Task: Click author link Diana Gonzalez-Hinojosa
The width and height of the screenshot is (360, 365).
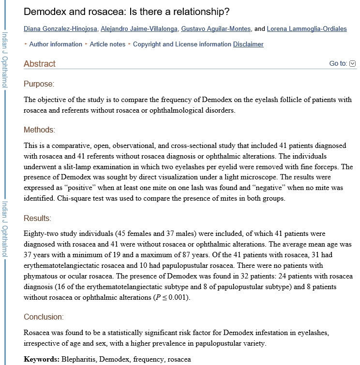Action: coord(60,29)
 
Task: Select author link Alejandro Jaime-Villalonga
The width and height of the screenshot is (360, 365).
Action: coord(138,29)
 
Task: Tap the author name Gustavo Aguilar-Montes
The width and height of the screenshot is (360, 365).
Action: coord(216,29)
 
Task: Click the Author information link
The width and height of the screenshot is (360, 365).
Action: coord(56,44)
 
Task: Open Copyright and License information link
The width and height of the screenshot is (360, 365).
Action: coord(182,44)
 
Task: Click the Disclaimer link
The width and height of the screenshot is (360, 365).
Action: coord(248,44)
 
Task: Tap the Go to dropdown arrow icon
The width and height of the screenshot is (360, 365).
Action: coord(352,63)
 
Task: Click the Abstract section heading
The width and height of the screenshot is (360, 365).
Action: coord(40,64)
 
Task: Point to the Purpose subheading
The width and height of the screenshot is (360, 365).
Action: coord(39,84)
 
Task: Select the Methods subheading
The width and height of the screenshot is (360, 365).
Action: coord(39,130)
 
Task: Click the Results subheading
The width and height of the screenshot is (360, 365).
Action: coord(37,219)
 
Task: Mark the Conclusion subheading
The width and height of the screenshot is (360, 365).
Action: coord(44,317)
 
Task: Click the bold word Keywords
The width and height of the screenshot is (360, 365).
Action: coord(41,359)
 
